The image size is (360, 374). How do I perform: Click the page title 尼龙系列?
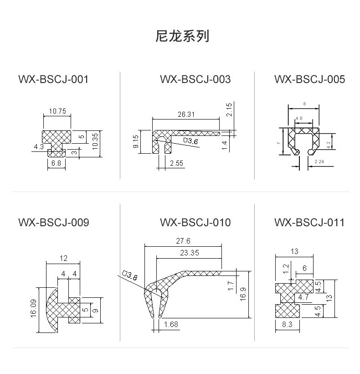182,36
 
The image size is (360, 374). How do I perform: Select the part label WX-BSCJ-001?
53,79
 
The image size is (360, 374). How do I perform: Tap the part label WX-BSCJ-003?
195,79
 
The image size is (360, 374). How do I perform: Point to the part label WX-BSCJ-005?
309,79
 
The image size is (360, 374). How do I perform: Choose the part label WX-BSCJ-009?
54,222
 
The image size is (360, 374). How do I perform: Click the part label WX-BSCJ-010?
195,222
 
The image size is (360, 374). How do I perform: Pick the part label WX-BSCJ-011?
309,222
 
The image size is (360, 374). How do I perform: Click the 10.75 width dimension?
57,111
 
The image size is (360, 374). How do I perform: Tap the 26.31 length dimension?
186,114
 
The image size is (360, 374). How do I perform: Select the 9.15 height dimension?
135,141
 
